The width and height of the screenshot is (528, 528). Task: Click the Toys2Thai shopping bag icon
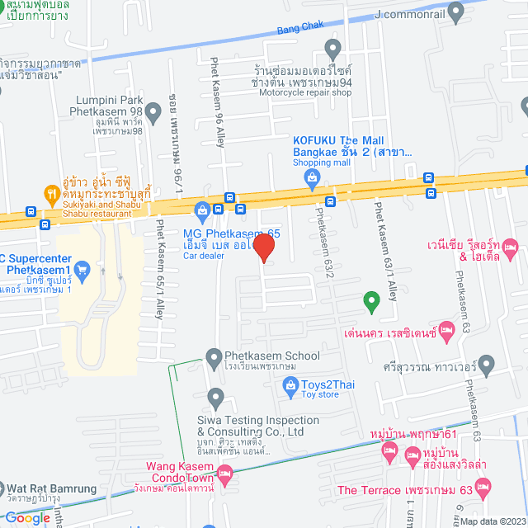point(290,384)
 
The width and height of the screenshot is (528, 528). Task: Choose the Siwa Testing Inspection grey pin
point(216,398)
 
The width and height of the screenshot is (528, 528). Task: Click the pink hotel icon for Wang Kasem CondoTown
point(225,473)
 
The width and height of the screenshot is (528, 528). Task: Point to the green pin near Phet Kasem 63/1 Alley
point(372,301)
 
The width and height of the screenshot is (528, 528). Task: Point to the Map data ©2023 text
point(492,521)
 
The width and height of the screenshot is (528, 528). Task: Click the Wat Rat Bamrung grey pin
point(7,488)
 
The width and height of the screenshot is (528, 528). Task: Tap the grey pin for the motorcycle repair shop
point(332,49)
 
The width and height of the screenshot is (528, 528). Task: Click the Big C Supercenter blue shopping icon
point(82,270)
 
